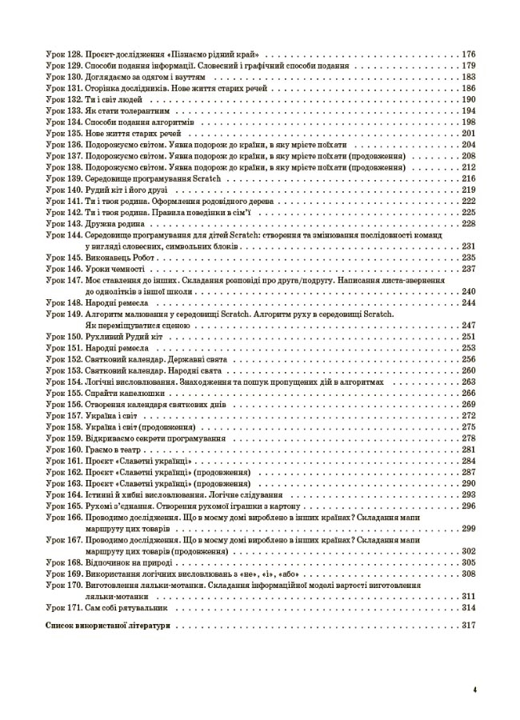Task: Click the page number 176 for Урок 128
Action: pos(469,54)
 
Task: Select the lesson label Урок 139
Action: pos(63,179)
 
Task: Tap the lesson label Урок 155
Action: pos(63,394)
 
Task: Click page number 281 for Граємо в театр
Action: pos(469,450)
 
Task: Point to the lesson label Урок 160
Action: pos(63,450)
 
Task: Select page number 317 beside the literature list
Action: pos(469,626)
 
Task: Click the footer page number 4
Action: pos(474,689)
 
